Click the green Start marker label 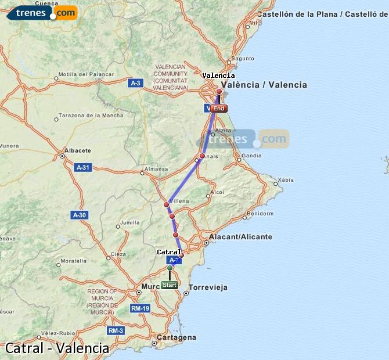click(x=170, y=285)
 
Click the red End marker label click(x=219, y=109)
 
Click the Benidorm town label click(x=260, y=213)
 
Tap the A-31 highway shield click(x=84, y=167)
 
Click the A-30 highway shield click(x=79, y=215)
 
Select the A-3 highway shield click(x=135, y=83)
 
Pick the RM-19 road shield click(x=140, y=308)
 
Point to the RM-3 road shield click(x=116, y=330)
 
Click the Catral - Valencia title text click(x=57, y=348)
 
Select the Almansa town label click(x=156, y=169)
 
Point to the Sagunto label click(x=243, y=58)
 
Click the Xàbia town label click(x=286, y=180)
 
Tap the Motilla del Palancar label click(x=81, y=74)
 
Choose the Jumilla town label click(x=130, y=222)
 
